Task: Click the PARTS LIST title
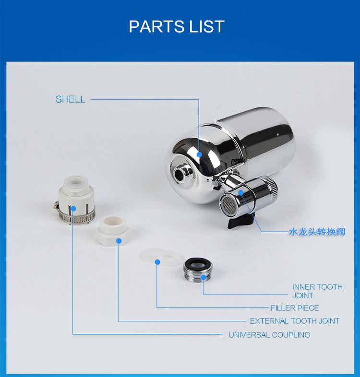[x=177, y=26]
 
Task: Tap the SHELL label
[x=71, y=99]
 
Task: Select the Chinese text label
[x=317, y=232]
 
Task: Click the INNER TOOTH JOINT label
[x=317, y=291]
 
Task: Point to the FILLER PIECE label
[x=295, y=308]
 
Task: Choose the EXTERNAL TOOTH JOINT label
[x=295, y=321]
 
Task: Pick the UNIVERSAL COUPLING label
[x=269, y=335]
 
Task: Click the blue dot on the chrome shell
[x=199, y=154]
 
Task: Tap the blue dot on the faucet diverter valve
[x=241, y=193]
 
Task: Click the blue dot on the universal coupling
[x=73, y=209]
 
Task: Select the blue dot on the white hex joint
[x=119, y=241]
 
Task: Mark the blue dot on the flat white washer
[x=157, y=262]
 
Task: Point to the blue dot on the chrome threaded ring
[x=204, y=277]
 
